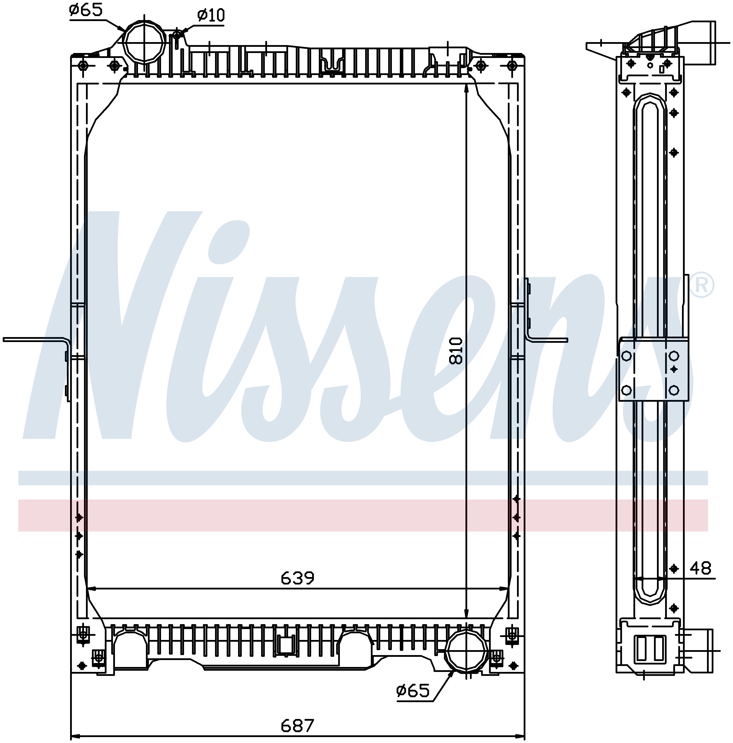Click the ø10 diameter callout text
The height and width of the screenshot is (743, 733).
pos(211,15)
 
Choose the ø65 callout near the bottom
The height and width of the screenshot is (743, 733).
pos(413,691)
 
